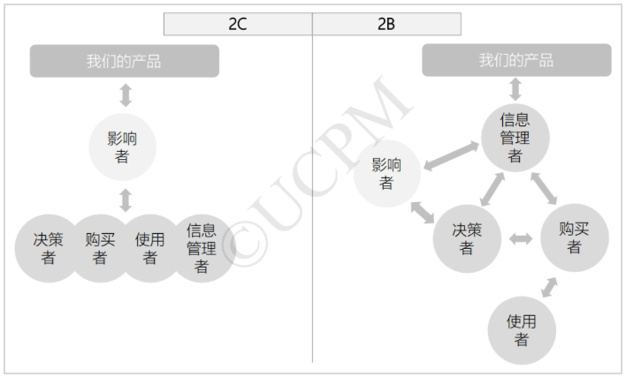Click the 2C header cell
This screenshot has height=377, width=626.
(238, 24)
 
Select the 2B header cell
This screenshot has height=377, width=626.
(386, 24)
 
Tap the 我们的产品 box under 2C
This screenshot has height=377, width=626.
(125, 61)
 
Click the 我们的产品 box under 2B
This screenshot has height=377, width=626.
(516, 60)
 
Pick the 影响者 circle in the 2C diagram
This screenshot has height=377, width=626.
(122, 147)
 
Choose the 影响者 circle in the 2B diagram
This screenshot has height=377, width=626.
(387, 173)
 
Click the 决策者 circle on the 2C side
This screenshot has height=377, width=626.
(48, 248)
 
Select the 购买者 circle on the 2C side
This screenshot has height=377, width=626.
(100, 248)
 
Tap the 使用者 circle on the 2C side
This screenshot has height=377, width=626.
(150, 248)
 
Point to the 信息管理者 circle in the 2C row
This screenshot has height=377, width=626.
(202, 248)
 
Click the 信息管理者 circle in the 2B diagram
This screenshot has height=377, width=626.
(515, 138)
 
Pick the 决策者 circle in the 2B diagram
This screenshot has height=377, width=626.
(467, 238)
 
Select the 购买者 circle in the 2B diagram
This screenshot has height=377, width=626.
(575, 238)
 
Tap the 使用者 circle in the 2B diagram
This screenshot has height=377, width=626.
(522, 330)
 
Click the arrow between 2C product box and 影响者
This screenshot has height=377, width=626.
(126, 95)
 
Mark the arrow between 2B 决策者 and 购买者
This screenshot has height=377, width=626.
(521, 239)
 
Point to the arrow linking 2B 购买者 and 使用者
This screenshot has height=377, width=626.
(549, 287)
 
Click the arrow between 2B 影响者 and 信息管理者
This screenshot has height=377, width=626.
(451, 155)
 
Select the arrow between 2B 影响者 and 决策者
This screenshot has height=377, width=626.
(423, 213)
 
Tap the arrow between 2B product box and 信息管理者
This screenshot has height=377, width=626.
(515, 89)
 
